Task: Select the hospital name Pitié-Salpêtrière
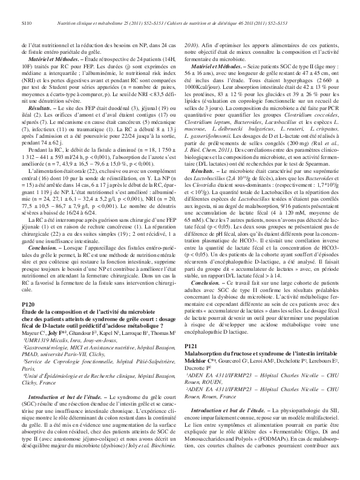click(x=145, y=361)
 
